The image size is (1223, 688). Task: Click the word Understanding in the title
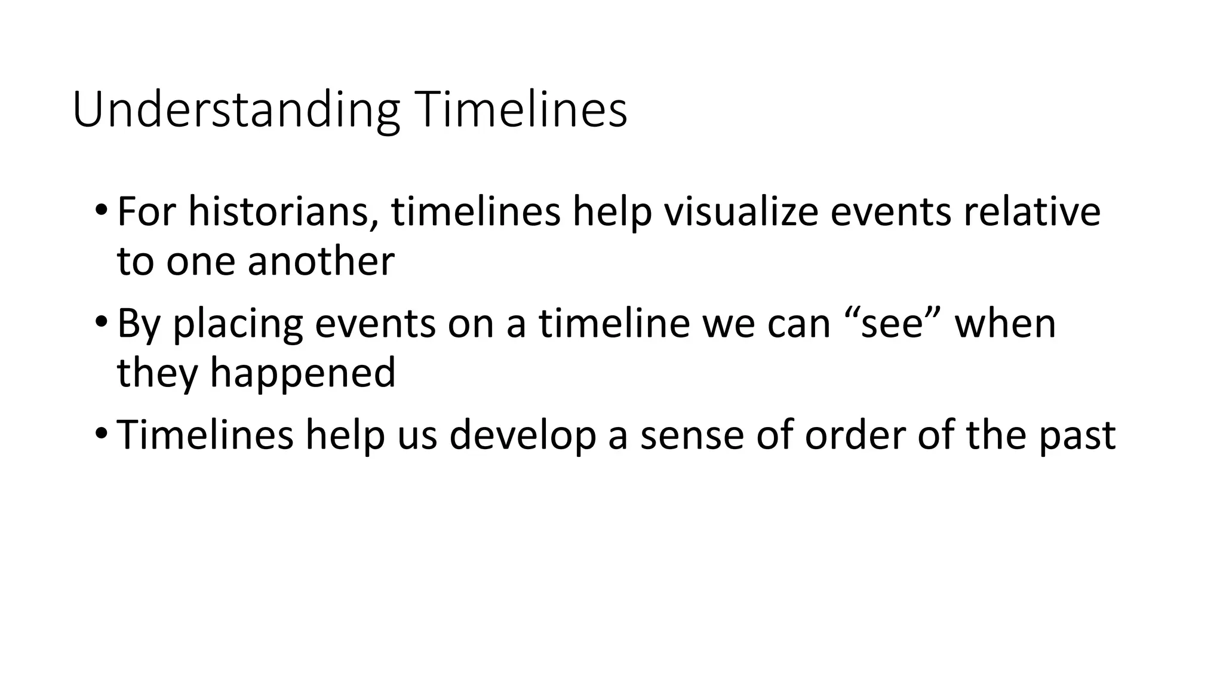coord(236,110)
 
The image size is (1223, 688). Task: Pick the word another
coord(321,261)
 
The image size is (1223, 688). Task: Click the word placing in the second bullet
coord(237,324)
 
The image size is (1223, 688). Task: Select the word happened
coord(303,373)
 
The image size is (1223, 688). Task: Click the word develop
coord(523,435)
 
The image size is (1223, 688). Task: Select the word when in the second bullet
coord(1006,323)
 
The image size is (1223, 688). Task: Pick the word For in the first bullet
coord(146,211)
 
